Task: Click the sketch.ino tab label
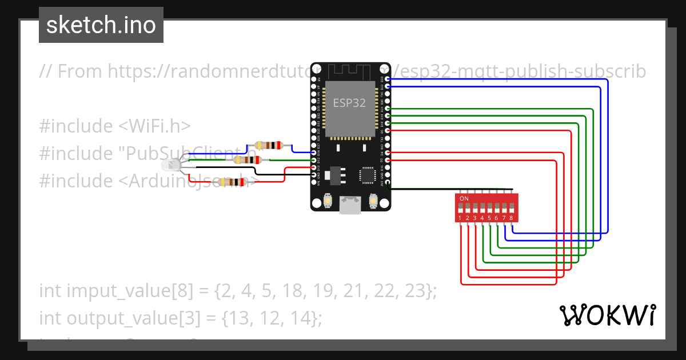[x=101, y=25]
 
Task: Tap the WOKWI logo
[x=607, y=315]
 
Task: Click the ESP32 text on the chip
[x=350, y=103]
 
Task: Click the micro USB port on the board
[x=350, y=206]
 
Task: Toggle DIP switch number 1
[x=460, y=207]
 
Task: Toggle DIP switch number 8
[x=510, y=207]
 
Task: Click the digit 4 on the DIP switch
[x=482, y=218]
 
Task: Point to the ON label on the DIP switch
[x=464, y=198]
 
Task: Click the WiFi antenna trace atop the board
[x=350, y=71]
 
